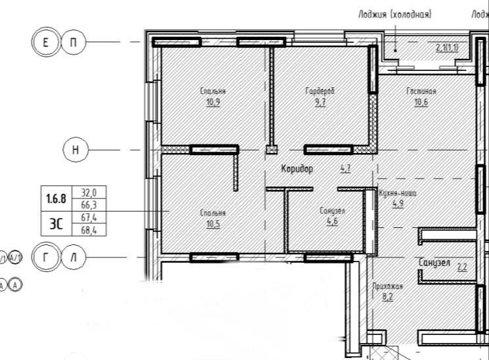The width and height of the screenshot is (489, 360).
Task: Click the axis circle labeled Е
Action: coord(45,43)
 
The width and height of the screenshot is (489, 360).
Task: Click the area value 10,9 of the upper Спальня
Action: coord(213,102)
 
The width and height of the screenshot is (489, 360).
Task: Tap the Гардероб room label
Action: coord(320,91)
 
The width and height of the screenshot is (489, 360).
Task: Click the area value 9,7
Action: coord(320,102)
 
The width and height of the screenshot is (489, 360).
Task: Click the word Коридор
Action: coord(297,169)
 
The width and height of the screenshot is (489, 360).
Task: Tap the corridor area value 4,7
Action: coord(345,169)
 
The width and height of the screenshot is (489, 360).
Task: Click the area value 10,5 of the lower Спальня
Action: coord(213,223)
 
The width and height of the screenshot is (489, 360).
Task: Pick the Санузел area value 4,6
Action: coord(332,221)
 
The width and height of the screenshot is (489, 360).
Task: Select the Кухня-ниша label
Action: coord(398,194)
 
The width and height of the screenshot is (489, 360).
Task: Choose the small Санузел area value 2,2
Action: coord(462,266)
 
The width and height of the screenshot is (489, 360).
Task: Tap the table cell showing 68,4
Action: coord(89,230)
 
